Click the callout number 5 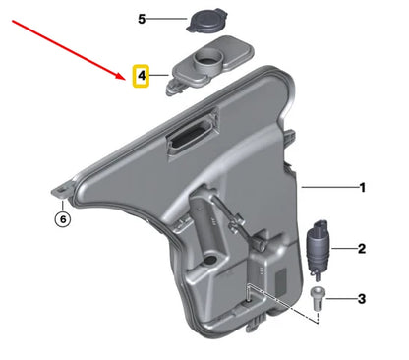point(141,19)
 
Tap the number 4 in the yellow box point(141,75)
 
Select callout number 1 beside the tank point(362,187)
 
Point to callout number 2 point(362,249)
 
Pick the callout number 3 point(362,298)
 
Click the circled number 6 point(63,219)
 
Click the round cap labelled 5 point(208,20)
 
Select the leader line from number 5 point(166,19)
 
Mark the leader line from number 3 point(339,298)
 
